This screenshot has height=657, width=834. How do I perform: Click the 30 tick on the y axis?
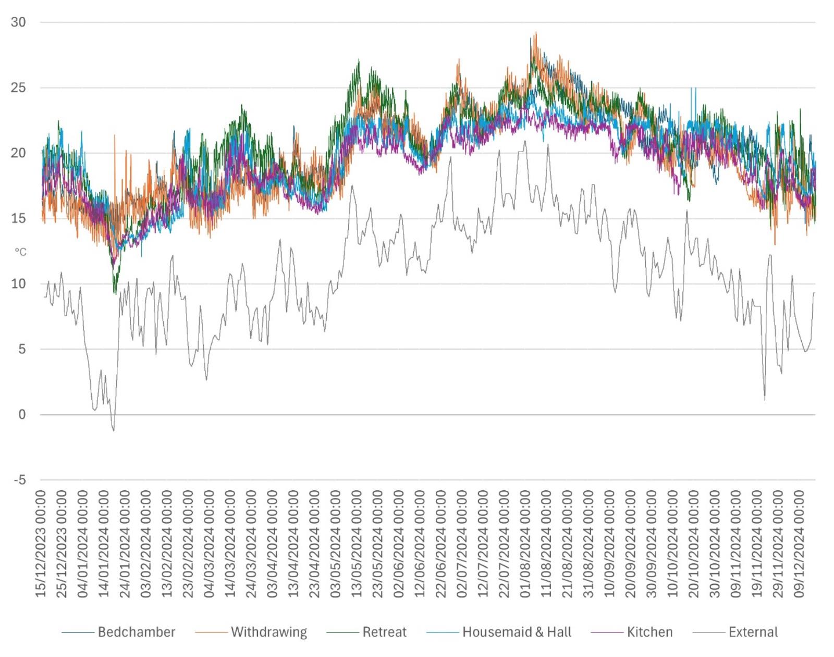click(x=18, y=22)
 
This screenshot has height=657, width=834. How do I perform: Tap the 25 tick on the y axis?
click(x=18, y=88)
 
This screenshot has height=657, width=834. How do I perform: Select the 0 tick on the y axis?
click(x=22, y=415)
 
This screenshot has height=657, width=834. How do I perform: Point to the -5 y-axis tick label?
click(x=19, y=480)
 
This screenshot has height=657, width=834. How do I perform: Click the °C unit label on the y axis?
click(x=20, y=252)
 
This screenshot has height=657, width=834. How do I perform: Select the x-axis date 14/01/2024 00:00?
click(x=104, y=543)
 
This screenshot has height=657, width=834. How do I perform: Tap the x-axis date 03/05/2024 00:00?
click(x=335, y=543)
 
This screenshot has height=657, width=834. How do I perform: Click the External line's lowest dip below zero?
click(x=114, y=430)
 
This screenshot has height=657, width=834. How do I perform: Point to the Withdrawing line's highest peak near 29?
click(x=536, y=33)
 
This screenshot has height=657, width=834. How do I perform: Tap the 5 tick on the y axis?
click(x=22, y=349)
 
